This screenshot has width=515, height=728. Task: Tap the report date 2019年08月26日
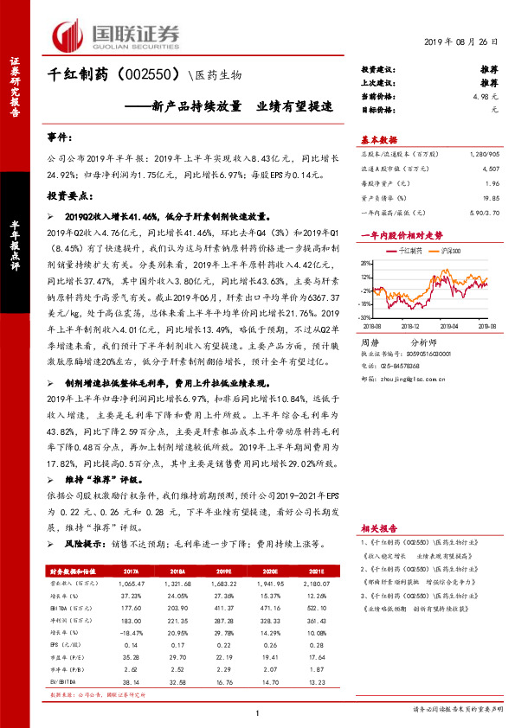pos(462,42)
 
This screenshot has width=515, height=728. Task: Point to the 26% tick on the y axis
pos(366,263)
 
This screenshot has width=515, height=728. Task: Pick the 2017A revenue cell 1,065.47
pos(131,584)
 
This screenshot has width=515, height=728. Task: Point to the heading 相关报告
pos(377,527)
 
